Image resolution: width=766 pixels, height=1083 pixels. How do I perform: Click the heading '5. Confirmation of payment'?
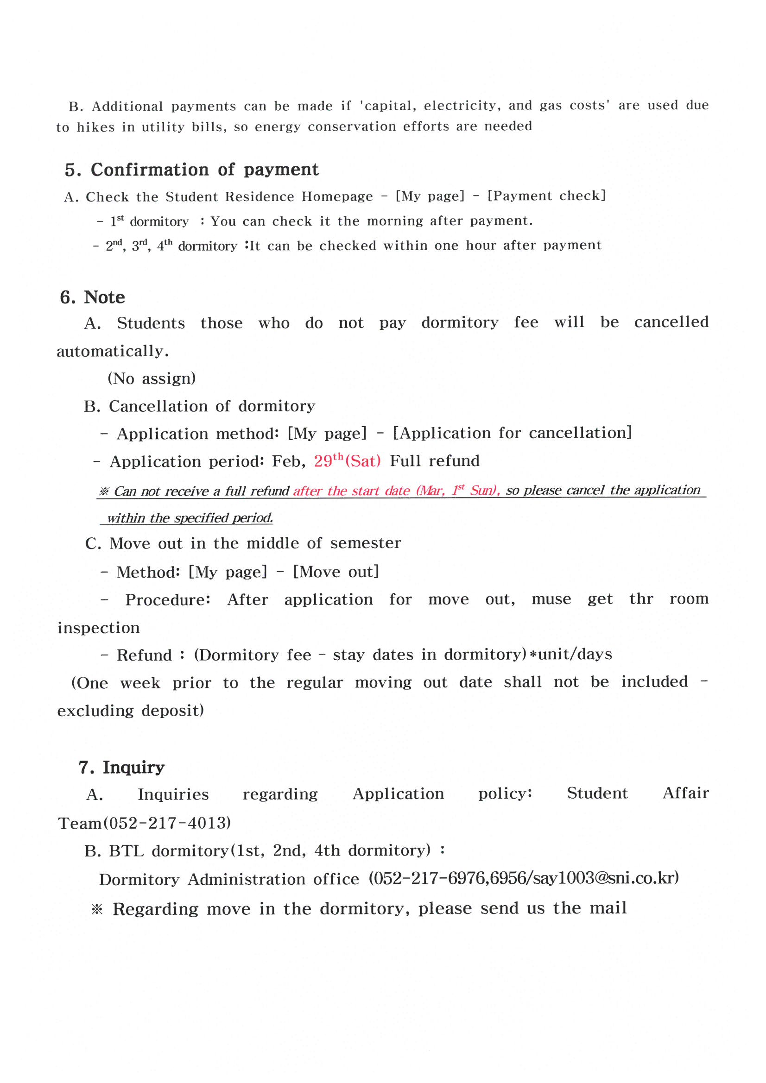[192, 170]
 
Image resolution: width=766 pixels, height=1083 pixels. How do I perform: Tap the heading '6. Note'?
[93, 298]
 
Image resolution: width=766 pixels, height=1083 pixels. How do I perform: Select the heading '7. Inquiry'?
[122, 768]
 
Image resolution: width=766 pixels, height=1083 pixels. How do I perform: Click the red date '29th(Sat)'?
[348, 461]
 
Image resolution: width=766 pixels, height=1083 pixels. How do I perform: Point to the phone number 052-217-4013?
[167, 823]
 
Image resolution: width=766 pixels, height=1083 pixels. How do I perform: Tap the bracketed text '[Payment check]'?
[546, 196]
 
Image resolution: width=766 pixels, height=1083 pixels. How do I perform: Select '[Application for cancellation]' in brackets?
[512, 433]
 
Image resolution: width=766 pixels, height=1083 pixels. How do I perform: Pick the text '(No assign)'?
[152, 378]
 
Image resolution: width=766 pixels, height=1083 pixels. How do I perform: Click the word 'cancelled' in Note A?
[671, 322]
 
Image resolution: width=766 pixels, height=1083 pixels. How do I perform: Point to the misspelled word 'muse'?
[551, 599]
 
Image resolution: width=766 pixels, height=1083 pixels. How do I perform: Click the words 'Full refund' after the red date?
[435, 461]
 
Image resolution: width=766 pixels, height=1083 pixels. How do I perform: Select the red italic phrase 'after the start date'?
[352, 491]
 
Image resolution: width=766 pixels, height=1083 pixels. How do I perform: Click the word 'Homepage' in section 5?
[337, 196]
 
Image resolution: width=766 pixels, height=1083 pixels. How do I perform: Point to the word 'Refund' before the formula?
[144, 655]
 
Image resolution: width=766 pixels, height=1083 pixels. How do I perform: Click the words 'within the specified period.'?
[190, 518]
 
